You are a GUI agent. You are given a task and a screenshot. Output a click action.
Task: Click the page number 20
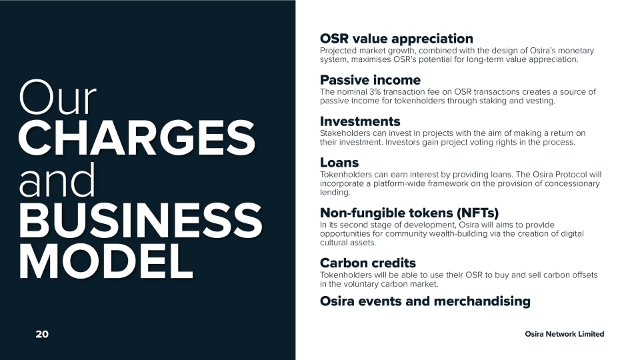tap(42, 334)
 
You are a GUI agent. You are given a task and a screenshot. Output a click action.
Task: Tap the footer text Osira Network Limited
tap(565, 334)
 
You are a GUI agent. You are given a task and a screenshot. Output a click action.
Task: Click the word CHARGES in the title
tap(137, 138)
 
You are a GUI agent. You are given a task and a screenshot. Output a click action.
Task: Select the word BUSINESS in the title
tap(140, 221)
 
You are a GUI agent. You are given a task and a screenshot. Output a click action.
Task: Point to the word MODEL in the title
tap(106, 261)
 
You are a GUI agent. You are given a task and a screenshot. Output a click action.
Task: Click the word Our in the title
tap(57, 98)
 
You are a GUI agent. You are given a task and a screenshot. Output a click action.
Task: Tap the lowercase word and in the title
tap(57, 180)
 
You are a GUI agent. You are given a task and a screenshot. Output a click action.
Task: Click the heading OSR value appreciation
tap(396, 39)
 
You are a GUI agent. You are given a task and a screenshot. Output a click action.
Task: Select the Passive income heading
tap(370, 80)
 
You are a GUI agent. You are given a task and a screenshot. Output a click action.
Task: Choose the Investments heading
tap(360, 121)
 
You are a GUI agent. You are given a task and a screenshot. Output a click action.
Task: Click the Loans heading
tap(339, 163)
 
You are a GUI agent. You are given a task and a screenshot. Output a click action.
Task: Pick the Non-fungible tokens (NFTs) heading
tap(409, 213)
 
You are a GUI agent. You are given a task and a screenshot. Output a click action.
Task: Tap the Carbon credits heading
tap(368, 263)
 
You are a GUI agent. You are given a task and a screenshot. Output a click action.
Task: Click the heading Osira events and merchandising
tap(425, 301)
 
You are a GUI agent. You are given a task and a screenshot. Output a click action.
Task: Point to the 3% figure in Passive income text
tap(375, 92)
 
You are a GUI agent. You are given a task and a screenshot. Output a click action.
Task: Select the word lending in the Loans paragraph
tap(335, 193)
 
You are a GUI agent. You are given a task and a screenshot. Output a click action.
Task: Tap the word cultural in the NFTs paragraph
tap(333, 243)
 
